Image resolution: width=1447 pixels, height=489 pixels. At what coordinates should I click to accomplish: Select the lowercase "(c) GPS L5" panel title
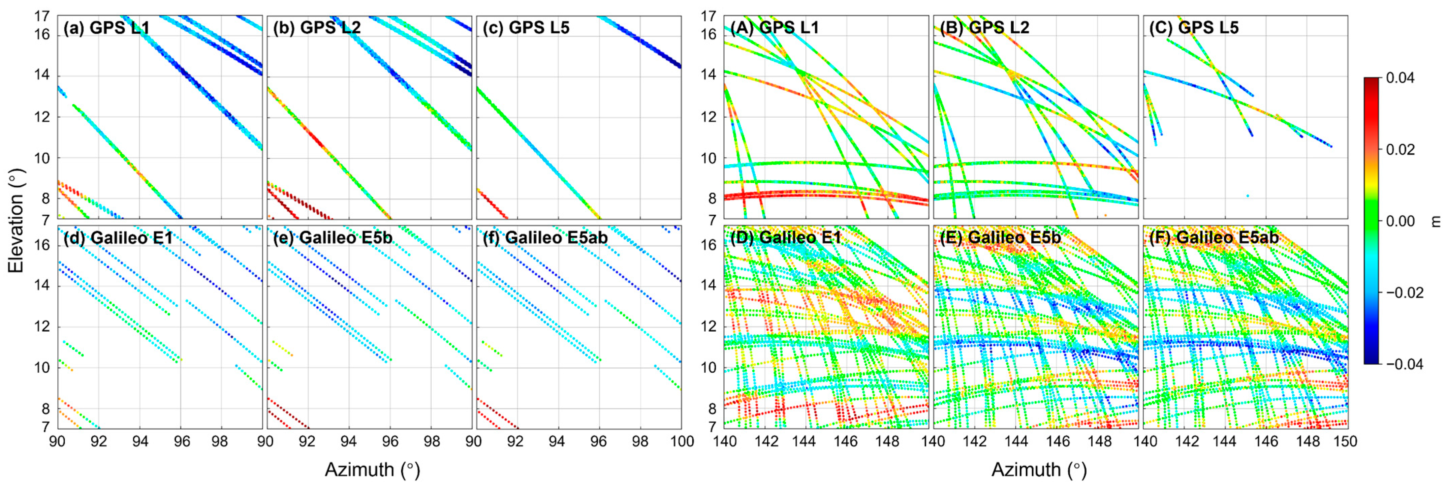point(526,28)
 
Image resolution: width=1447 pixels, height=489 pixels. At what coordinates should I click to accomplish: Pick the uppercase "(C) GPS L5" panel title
point(1194,28)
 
